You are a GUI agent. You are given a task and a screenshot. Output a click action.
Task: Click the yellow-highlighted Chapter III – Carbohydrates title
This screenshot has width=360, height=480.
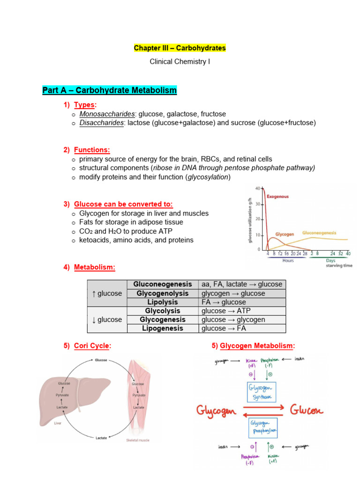tap(180, 48)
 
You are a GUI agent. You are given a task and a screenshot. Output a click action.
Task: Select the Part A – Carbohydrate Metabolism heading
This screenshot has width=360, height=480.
tap(109, 90)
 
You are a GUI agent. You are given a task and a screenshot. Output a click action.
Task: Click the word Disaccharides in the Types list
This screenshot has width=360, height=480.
tap(102, 123)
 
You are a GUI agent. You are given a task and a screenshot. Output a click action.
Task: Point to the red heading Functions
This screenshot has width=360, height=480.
tap(92, 150)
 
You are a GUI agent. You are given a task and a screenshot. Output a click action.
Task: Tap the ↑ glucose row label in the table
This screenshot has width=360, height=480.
tap(107, 293)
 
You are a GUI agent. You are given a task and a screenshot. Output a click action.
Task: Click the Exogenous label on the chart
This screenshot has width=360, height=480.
tap(277, 196)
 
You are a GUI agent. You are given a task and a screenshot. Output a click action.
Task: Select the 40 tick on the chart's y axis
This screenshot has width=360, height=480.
tap(257, 188)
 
